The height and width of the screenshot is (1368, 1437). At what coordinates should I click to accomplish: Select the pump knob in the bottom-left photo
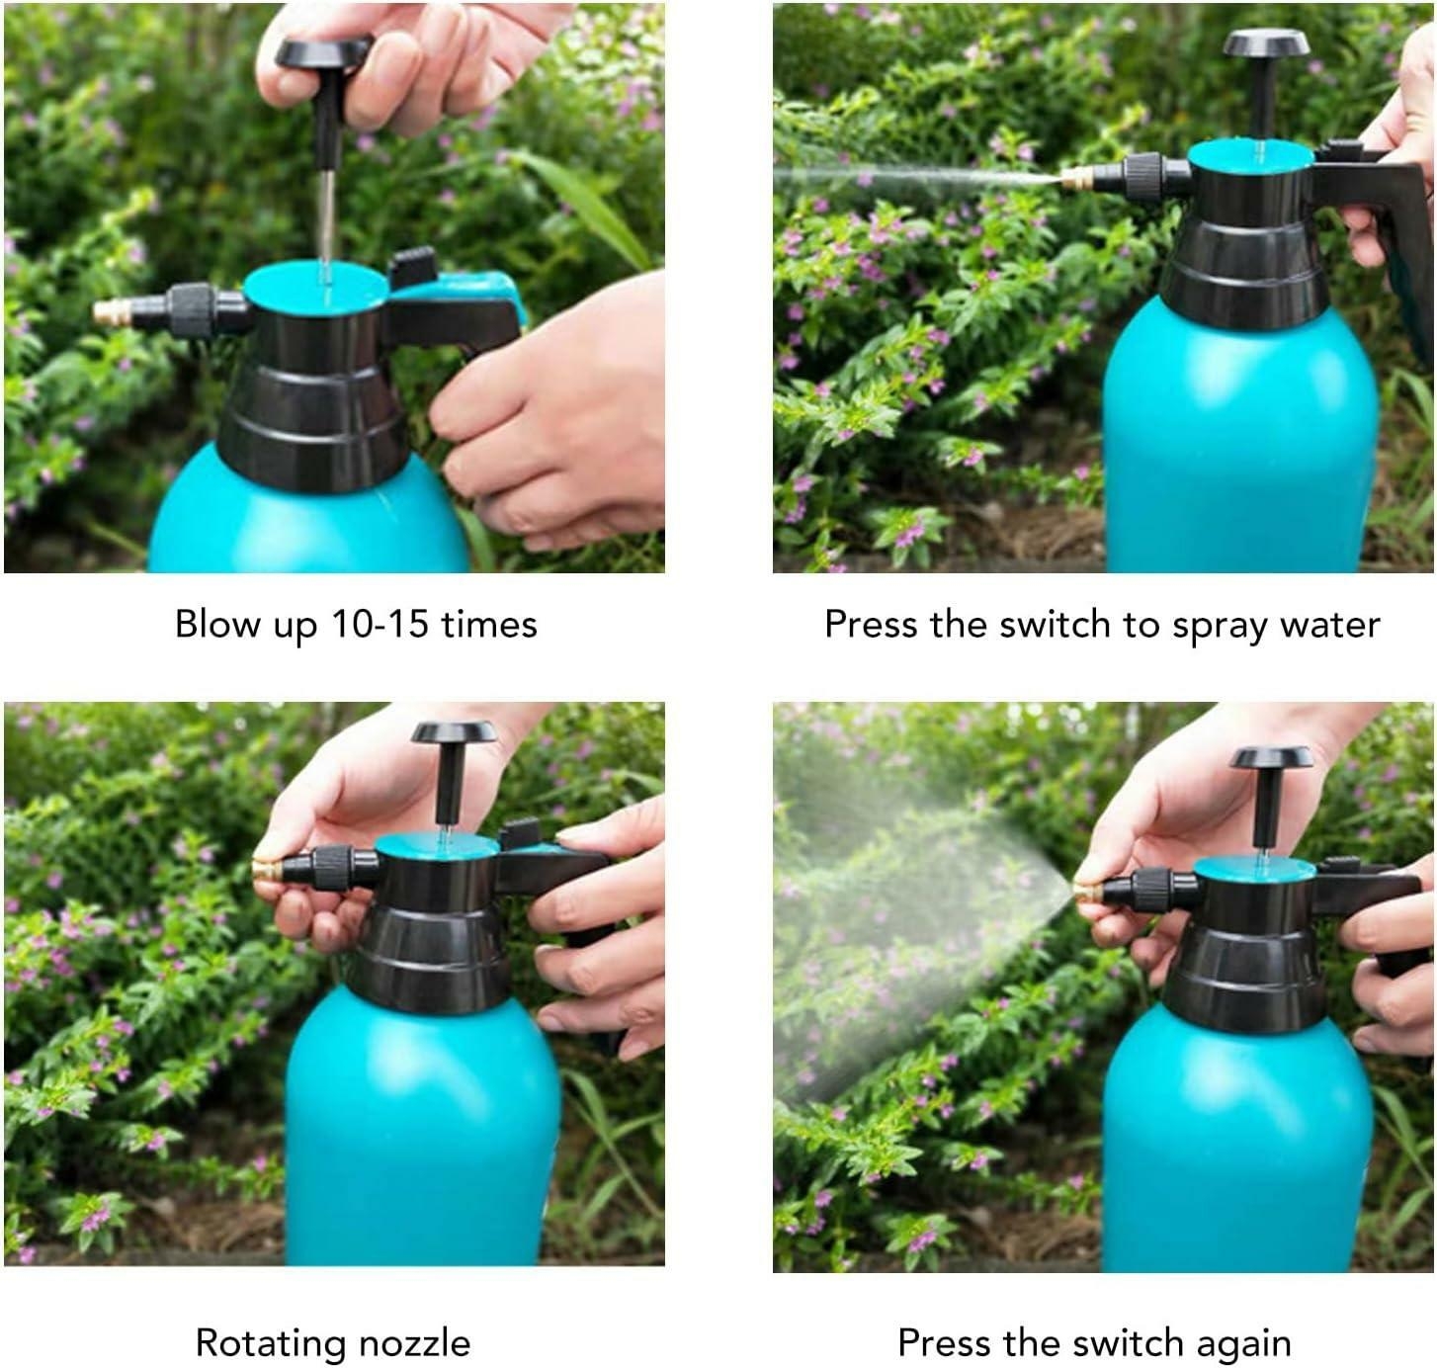[x=454, y=732]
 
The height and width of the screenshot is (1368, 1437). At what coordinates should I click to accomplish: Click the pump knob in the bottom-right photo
[x=1271, y=757]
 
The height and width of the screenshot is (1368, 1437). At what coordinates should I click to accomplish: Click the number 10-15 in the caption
[x=380, y=625]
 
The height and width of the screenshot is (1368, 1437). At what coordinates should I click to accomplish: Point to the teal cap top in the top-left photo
[x=315, y=285]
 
